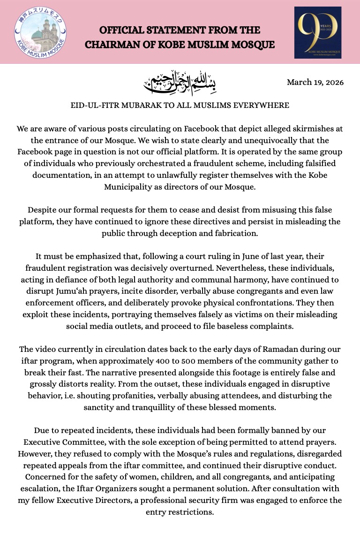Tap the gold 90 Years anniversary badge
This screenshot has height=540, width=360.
[x=318, y=32]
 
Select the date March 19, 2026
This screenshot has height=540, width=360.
[x=315, y=83]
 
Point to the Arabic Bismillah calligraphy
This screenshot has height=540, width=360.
[x=180, y=82]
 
